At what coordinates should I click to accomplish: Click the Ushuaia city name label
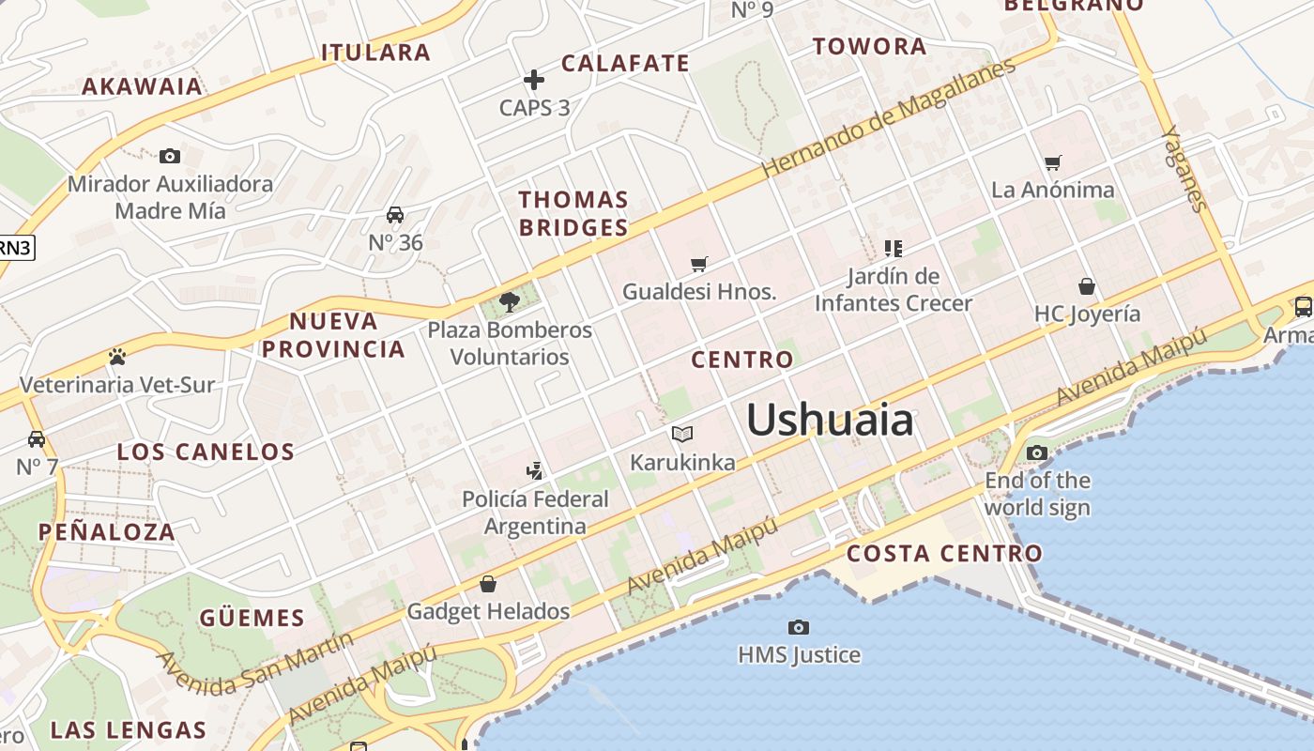[830, 420]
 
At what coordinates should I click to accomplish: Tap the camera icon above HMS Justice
[799, 627]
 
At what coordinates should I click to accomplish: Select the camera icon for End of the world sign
[1037, 453]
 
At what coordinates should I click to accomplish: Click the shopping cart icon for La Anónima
[1053, 162]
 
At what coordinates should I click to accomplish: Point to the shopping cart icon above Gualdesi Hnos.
[698, 264]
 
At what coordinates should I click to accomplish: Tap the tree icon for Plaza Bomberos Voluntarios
[510, 301]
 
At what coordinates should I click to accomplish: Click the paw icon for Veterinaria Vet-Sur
[117, 357]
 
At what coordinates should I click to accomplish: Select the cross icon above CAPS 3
[534, 80]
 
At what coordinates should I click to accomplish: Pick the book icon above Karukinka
[682, 434]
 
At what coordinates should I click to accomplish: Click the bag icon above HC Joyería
[1087, 286]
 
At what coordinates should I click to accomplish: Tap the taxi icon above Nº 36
[395, 215]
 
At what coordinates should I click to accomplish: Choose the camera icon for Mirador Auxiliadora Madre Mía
[170, 156]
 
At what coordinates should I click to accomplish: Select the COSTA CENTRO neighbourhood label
[944, 553]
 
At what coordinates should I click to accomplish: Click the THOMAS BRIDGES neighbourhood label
[573, 213]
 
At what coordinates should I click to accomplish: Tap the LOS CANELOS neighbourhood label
[206, 452]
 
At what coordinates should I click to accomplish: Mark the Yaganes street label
[1184, 169]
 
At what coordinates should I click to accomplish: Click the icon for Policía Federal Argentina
[535, 470]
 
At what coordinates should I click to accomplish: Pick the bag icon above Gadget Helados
[488, 584]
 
